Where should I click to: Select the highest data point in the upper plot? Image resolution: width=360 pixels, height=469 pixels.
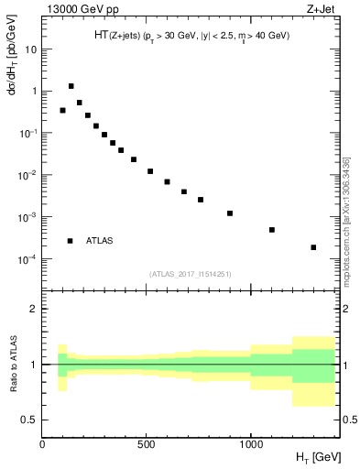point(71,86)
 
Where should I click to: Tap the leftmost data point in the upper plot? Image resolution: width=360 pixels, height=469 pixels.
point(62,110)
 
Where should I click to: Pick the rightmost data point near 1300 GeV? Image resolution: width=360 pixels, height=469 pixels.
point(313,247)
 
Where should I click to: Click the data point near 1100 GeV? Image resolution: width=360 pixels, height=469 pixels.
point(272,230)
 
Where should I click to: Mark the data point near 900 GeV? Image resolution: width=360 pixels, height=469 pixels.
point(230,213)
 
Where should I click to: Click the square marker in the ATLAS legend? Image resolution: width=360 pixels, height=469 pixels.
point(71,241)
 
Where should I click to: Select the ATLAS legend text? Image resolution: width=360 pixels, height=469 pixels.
point(100,241)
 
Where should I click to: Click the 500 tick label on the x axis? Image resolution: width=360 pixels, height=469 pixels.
point(147,444)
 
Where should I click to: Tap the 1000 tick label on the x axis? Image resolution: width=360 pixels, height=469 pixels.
point(250,444)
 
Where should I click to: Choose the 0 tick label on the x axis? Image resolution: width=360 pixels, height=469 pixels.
point(42,444)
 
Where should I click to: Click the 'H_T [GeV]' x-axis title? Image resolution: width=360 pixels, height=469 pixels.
point(313,457)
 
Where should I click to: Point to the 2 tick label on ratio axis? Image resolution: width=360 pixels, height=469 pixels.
point(31,309)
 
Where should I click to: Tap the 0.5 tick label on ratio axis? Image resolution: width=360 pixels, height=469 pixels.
point(27,420)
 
